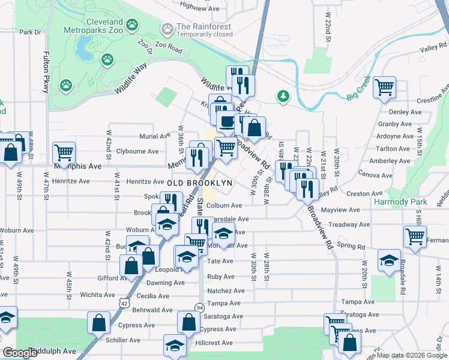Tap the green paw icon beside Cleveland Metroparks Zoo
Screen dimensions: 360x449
pos(132,25)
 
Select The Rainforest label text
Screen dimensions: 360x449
pos(204,26)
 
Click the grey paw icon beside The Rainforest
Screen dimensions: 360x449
pos(167,28)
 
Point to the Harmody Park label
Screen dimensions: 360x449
pos(400,202)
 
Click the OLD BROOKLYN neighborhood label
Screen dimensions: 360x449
pos(199,182)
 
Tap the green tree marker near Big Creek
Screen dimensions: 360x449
pos(283,96)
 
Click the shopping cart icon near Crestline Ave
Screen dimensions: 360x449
pos(384,87)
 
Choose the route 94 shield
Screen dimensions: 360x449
pos(199,308)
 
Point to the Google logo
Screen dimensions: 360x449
pos(20,353)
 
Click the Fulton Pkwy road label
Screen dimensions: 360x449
pos(46,78)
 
